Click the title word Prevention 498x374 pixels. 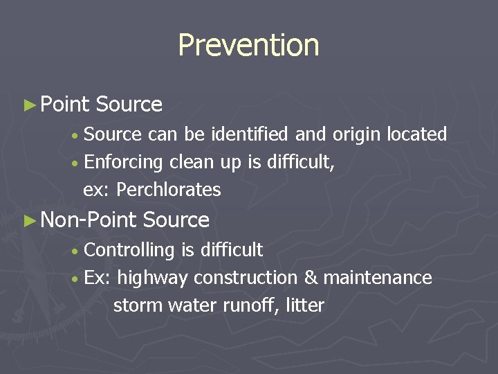click(x=248, y=46)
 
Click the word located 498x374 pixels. click(x=417, y=134)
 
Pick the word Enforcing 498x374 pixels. click(x=123, y=163)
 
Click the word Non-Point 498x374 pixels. click(x=89, y=220)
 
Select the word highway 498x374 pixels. click(x=152, y=278)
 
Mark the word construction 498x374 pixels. click(x=246, y=278)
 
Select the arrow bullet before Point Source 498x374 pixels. click(x=28, y=105)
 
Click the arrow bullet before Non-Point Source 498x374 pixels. click(x=28, y=221)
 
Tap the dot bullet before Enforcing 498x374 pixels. click(x=74, y=163)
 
